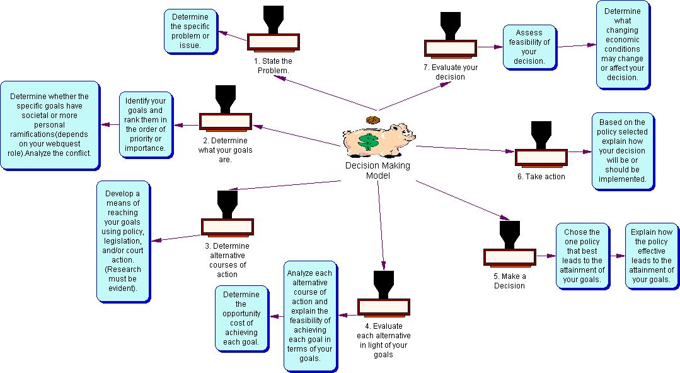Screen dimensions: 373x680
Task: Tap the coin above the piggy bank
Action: [372, 119]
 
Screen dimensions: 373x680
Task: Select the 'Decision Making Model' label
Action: [377, 170]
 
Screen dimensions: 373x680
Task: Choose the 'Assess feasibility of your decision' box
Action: [529, 47]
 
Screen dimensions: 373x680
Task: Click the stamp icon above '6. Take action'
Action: [541, 146]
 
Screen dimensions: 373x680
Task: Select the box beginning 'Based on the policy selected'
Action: [623, 151]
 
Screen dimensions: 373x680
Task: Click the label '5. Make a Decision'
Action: [509, 281]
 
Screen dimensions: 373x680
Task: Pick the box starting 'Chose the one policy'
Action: [582, 256]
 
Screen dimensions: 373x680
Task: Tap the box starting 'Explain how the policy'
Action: [652, 256]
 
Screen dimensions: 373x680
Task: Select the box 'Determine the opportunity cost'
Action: [241, 318]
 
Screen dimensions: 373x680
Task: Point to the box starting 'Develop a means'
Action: [124, 240]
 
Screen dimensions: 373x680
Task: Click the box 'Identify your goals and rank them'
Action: [146, 126]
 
